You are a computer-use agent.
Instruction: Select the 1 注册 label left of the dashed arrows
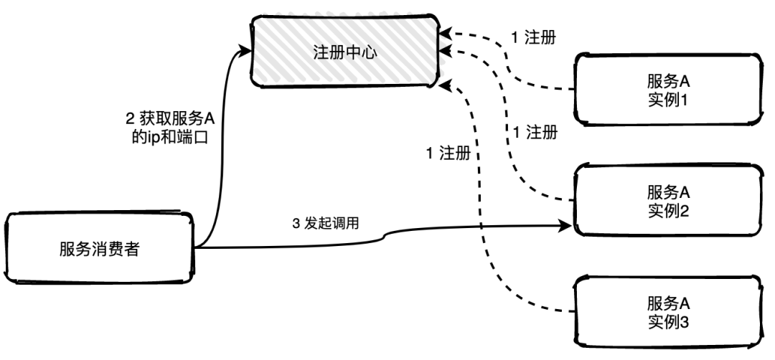pos(449,153)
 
